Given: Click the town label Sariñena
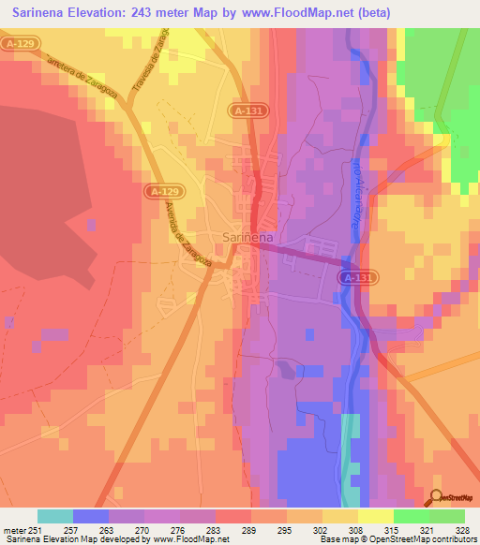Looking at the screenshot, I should [248, 238].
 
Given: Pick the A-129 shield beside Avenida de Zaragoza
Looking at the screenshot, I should [159, 191].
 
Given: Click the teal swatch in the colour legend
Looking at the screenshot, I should [55, 516].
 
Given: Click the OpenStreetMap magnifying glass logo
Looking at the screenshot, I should [437, 498].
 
